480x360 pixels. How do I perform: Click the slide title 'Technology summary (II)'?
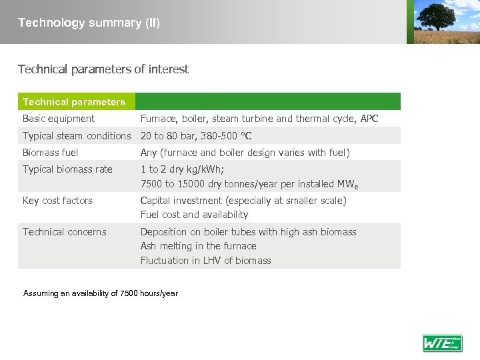point(89,23)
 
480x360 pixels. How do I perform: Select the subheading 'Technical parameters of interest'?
point(103,69)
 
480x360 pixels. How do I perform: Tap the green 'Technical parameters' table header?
point(74,102)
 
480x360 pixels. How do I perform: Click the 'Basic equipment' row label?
point(59,119)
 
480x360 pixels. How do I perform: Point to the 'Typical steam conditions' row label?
point(77,136)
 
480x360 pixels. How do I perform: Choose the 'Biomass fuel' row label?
point(51,153)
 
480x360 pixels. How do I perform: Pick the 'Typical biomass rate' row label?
point(67,169)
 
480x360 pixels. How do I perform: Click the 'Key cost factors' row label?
point(57,201)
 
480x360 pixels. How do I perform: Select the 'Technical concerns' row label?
point(65,232)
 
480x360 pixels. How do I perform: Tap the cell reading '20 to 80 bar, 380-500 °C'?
point(196,136)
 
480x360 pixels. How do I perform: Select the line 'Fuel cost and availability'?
point(194,215)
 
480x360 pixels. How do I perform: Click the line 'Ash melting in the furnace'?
point(198,246)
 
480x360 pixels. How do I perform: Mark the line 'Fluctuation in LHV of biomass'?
point(205,261)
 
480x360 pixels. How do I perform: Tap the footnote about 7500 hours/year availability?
point(101,293)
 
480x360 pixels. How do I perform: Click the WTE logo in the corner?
point(442,343)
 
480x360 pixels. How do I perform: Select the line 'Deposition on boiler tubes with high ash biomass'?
point(248,232)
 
